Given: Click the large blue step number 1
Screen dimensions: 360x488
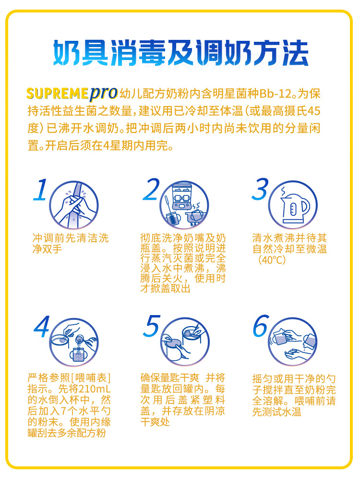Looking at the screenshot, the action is (x=40, y=190).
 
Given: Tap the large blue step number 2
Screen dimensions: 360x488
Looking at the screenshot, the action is (x=151, y=190).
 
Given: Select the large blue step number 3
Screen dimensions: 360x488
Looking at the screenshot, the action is (x=260, y=190).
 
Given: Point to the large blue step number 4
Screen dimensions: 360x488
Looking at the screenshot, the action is (x=42, y=327).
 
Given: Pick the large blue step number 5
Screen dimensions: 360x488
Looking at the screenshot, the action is (x=152, y=326).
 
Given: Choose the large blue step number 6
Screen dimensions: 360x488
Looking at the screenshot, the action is (x=261, y=326).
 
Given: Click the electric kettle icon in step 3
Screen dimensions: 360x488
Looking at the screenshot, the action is (x=293, y=206).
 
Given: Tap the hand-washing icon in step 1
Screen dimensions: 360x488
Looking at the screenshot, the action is (x=74, y=206).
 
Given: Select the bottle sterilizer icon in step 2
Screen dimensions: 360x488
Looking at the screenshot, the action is (x=184, y=206).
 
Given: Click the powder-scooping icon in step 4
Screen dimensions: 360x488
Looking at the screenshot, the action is (x=74, y=342).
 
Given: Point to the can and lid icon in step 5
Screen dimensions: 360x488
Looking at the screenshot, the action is (x=185, y=342).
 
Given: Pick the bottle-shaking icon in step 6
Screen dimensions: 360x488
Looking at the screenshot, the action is (x=293, y=342).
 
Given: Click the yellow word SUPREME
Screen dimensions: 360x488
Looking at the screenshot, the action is (x=58, y=94).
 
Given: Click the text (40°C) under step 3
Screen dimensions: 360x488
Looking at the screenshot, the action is (x=272, y=259).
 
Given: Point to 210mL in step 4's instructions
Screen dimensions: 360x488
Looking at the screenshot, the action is (x=95, y=389).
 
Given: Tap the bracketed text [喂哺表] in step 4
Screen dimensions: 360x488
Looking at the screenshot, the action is (x=91, y=378).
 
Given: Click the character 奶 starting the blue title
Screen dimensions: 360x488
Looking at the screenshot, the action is (x=67, y=53).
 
